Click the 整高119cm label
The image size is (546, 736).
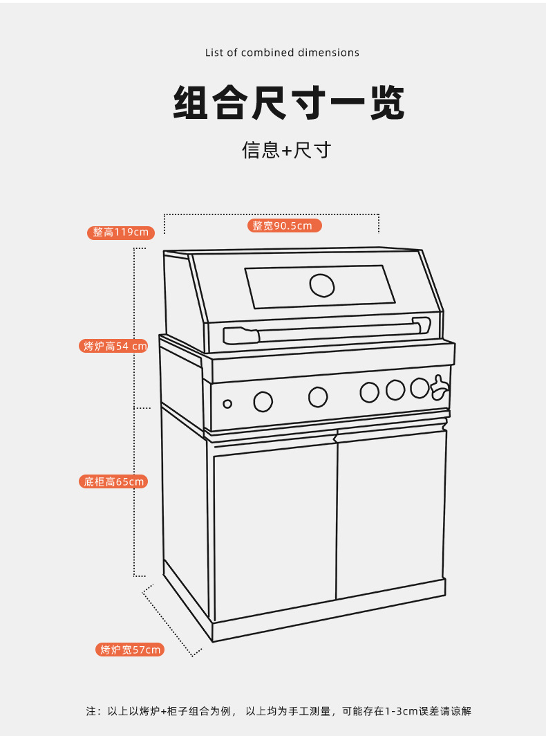point(120,232)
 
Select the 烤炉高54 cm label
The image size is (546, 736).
point(115,346)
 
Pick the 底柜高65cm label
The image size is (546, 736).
point(114,481)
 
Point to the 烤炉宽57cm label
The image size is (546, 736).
point(130,650)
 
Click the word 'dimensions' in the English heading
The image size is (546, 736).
point(328,53)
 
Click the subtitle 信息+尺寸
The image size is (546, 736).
point(286,149)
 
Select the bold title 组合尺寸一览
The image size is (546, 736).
point(288,104)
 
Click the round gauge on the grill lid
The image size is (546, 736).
point(321,285)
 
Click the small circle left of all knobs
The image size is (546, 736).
point(227,404)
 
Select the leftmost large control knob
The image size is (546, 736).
point(263,401)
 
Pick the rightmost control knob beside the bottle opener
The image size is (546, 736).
point(419,388)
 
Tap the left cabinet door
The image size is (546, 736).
point(274,529)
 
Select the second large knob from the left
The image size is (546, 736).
point(317,397)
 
